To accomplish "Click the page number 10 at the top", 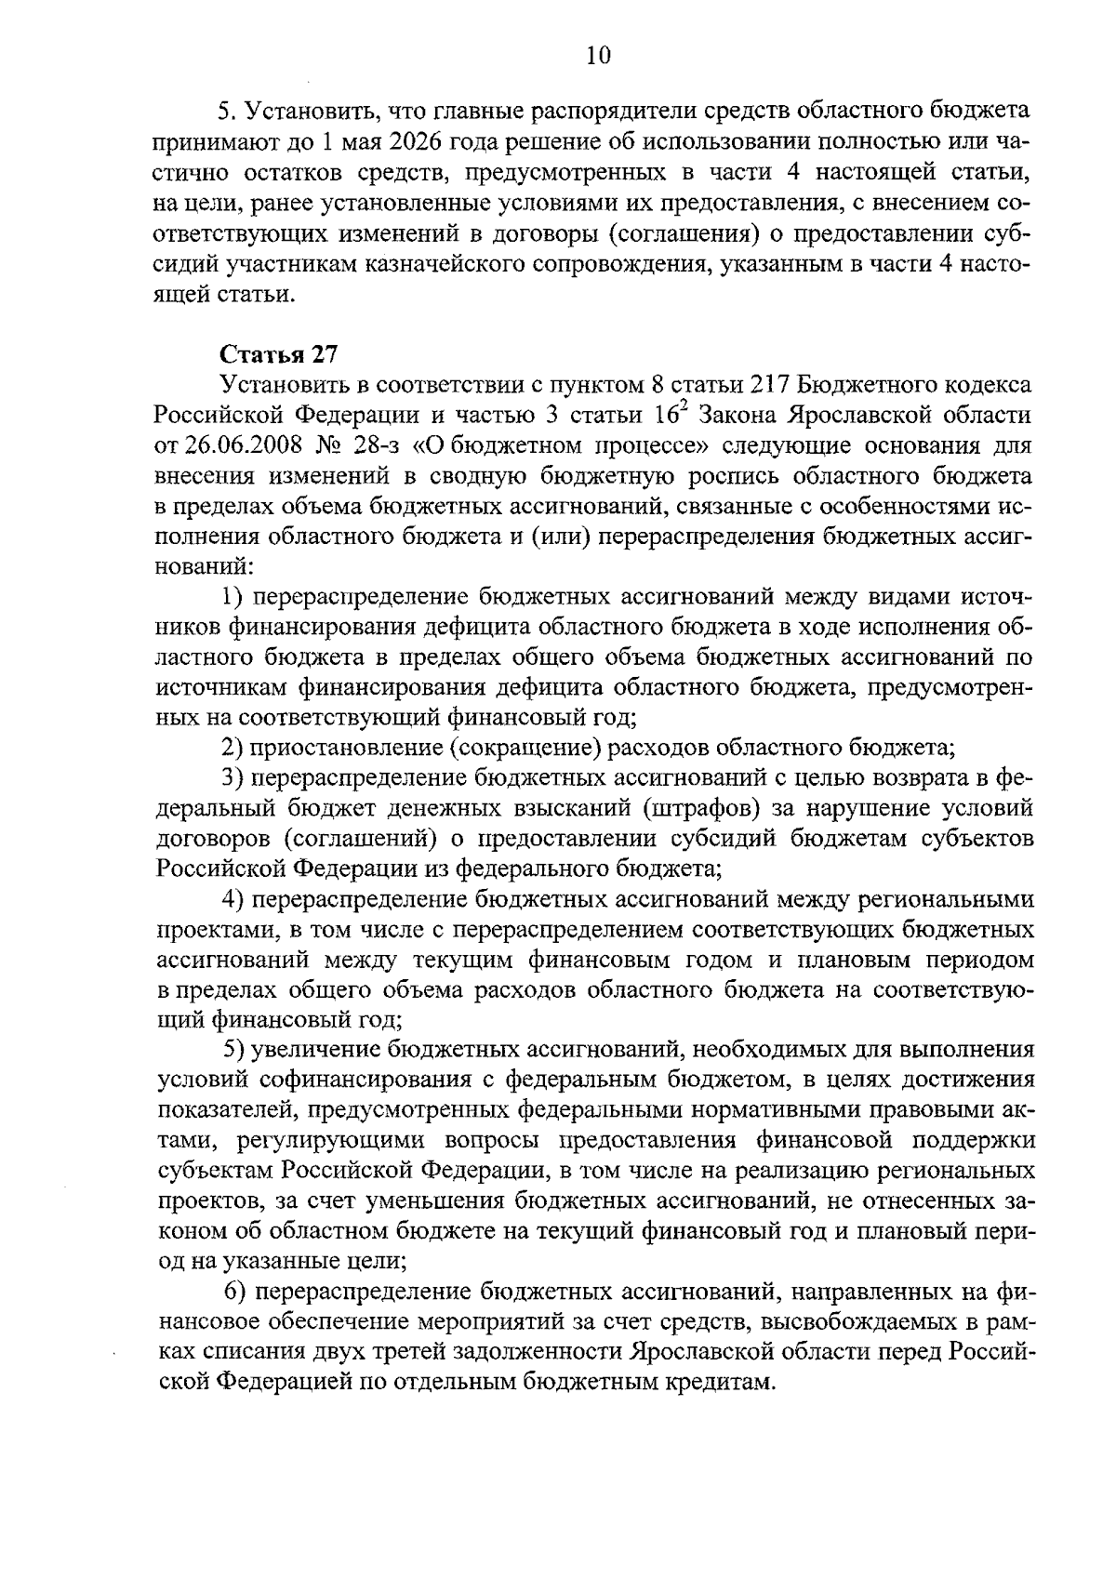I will tap(598, 56).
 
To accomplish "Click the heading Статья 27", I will tap(278, 354).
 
